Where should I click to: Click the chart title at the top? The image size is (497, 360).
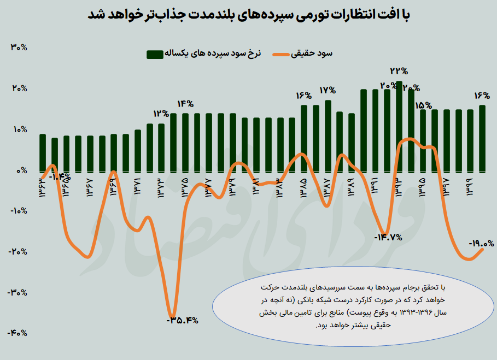[x=249, y=15]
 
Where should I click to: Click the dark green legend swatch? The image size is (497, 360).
[x=154, y=54]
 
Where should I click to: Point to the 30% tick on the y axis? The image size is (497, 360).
[x=19, y=48]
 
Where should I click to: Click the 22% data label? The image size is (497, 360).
[x=399, y=71]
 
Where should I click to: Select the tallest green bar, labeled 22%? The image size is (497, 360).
[x=399, y=126]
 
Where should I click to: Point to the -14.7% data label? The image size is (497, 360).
[x=388, y=238]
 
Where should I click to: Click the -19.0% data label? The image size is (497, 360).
[x=481, y=244]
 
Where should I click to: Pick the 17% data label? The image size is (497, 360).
[x=328, y=90]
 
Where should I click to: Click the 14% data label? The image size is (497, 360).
[x=185, y=104]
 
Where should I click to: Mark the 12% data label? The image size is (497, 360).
[x=161, y=114]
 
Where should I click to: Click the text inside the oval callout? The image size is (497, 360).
[x=355, y=306]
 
